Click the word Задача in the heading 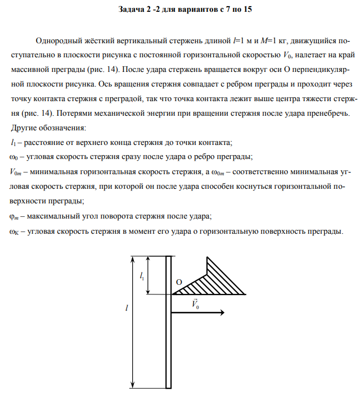coord(133,10)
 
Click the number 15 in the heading coord(247,10)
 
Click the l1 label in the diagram coord(142,275)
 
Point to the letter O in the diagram coord(179,282)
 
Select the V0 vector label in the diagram coord(195,304)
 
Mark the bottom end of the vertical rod coord(168,386)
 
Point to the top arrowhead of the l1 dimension coord(148,260)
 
